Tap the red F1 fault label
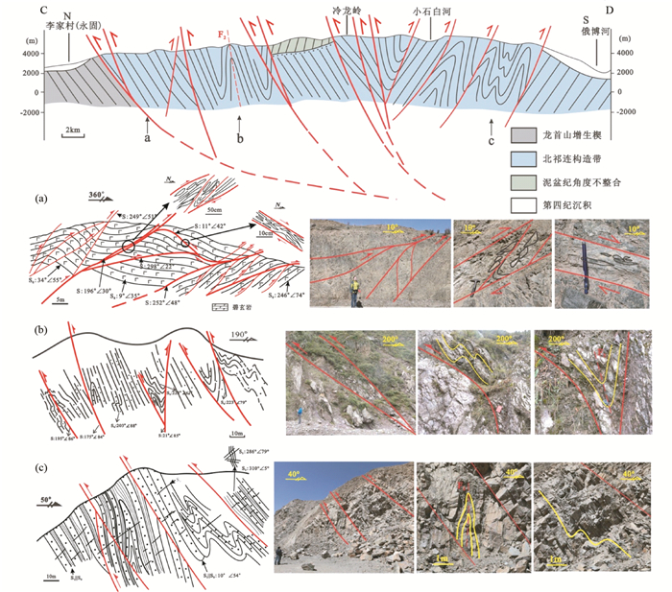[x=223, y=36]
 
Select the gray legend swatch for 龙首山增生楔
[x=523, y=136]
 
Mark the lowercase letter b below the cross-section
[x=240, y=140]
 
